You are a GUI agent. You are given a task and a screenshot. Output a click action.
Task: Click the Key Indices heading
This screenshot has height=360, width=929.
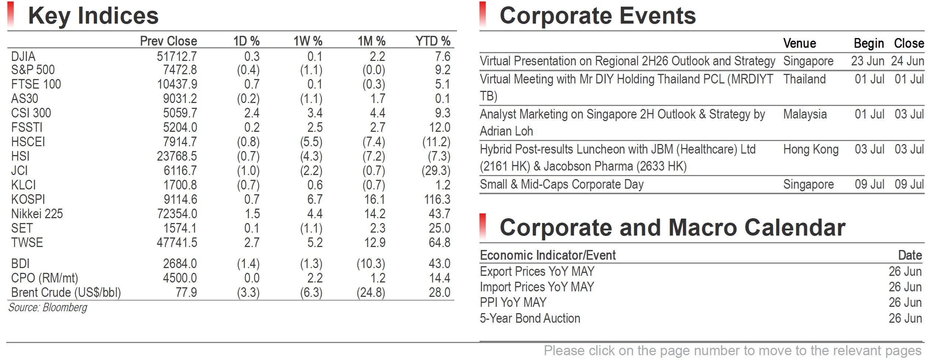click(x=93, y=16)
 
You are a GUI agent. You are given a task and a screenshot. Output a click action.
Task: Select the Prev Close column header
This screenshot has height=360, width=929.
click(x=169, y=41)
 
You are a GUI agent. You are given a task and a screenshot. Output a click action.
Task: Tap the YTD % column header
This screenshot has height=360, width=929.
click(x=433, y=41)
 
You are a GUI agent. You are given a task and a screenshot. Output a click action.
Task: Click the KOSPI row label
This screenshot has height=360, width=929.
click(x=28, y=199)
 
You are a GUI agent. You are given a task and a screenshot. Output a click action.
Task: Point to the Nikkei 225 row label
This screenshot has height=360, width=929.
click(x=37, y=214)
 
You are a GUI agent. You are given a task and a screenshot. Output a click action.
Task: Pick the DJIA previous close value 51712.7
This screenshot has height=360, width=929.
click(x=177, y=56)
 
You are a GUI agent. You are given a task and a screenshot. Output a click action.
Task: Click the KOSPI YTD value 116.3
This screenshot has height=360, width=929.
click(x=437, y=199)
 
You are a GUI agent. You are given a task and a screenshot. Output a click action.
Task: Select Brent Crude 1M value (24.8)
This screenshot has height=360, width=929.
click(x=371, y=292)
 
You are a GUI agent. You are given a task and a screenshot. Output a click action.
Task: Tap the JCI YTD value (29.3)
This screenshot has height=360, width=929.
click(x=436, y=171)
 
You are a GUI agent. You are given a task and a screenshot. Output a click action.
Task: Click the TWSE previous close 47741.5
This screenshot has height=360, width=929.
click(x=177, y=243)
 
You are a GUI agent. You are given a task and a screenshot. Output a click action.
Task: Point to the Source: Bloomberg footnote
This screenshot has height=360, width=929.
click(x=48, y=308)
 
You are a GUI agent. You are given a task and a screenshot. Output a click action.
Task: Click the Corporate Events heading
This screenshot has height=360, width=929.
click(x=598, y=16)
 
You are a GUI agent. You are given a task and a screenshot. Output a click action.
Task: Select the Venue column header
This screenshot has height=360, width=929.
click(x=799, y=43)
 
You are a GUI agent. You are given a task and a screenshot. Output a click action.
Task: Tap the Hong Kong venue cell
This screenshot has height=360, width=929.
click(x=811, y=149)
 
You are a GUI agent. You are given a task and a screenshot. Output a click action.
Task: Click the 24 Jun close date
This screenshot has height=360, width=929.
click(x=908, y=61)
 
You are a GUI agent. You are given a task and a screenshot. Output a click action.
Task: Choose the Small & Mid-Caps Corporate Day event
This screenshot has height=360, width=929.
click(x=562, y=184)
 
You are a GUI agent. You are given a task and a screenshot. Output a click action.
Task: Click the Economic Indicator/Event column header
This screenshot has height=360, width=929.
click(x=548, y=255)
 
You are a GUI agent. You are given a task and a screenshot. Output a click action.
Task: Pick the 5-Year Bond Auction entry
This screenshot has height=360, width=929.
click(x=530, y=318)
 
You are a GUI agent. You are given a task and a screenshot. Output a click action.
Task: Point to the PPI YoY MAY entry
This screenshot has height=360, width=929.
click(x=513, y=302)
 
